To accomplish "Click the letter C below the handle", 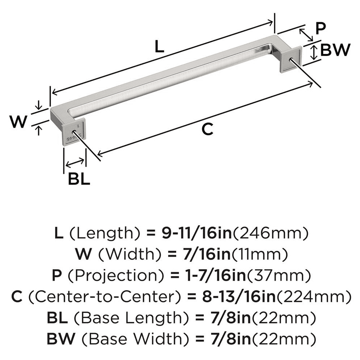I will pos(207,129).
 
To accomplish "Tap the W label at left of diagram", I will pos(18,123).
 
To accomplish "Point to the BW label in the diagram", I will pos(335,50).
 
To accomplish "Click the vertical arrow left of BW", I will pos(314,52).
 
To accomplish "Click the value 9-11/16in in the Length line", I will pos(190,234).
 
